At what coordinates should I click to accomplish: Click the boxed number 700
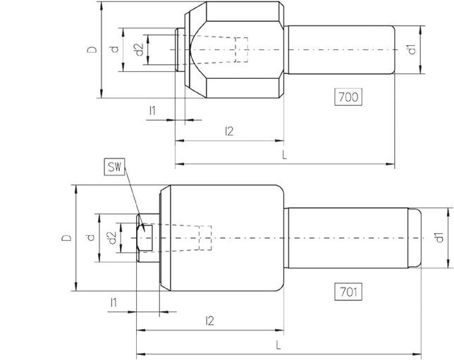point(348,98)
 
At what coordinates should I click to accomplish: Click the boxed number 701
point(348,290)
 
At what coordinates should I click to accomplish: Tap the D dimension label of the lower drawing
point(66,238)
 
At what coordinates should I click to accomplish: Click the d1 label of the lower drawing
point(438,238)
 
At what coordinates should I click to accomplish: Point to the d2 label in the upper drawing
point(139,50)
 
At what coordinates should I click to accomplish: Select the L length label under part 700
point(284,155)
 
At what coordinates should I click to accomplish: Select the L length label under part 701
point(278,345)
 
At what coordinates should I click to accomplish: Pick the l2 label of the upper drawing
point(228,131)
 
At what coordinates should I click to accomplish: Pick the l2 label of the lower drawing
point(209,321)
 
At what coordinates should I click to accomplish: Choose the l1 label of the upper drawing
point(152,111)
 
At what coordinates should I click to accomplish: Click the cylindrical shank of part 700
point(338,49)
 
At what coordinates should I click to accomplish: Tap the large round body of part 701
point(226,238)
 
